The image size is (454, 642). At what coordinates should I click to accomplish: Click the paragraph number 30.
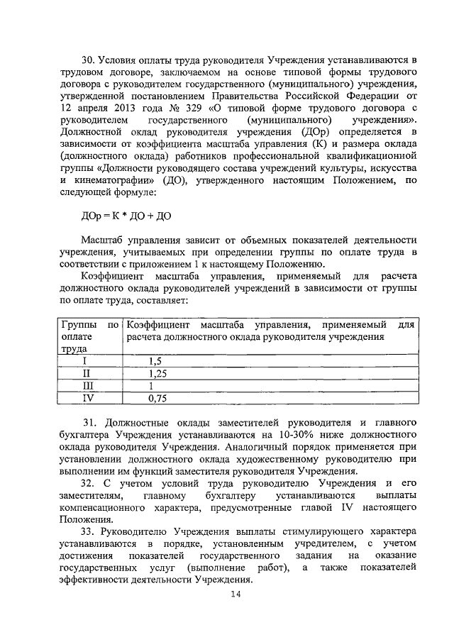87,58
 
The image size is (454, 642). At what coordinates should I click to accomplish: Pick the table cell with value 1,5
155,360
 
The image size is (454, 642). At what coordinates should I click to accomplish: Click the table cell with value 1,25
157,373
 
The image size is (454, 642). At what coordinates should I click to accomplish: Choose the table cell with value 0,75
157,399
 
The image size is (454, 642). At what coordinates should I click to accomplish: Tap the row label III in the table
87,386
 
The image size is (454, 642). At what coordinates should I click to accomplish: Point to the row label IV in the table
87,399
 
